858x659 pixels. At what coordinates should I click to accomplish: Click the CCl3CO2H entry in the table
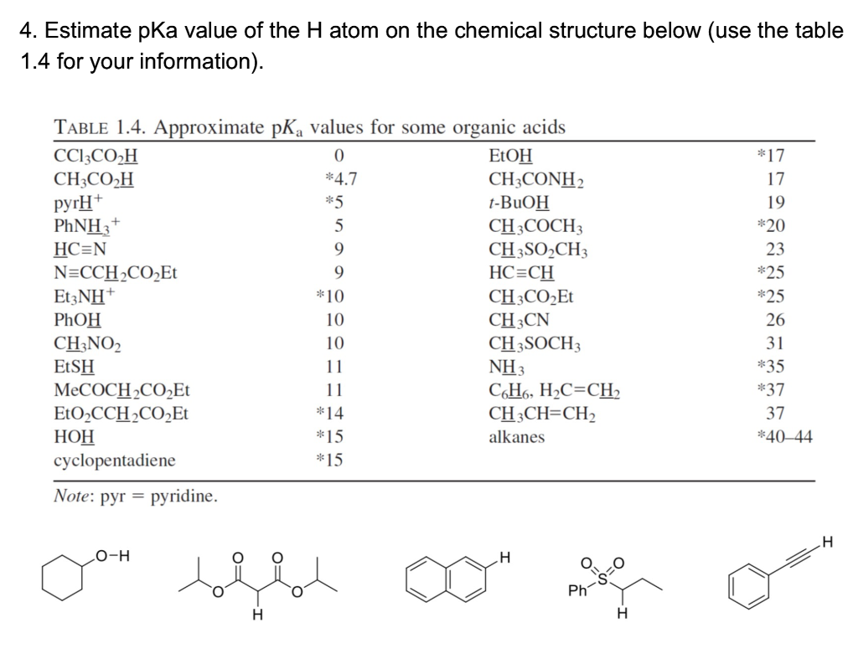96,155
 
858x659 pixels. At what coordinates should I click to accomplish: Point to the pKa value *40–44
783,437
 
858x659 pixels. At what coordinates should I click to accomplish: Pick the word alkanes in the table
516,437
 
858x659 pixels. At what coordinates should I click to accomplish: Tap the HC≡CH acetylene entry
520,272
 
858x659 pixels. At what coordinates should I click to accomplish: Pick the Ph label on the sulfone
577,591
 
